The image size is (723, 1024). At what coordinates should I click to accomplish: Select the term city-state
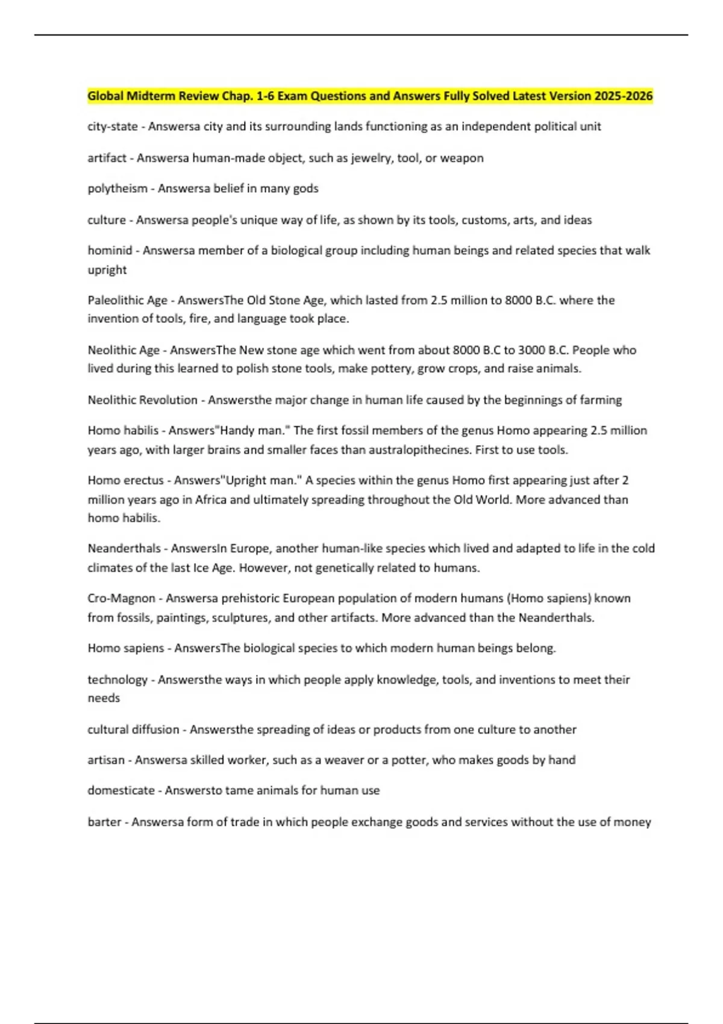(x=113, y=126)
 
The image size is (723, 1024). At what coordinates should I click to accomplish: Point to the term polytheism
(x=117, y=189)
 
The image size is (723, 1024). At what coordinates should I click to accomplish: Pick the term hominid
(x=110, y=251)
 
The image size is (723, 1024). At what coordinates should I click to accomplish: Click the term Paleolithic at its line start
(x=115, y=300)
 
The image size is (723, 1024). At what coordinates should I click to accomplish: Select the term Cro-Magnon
(x=121, y=598)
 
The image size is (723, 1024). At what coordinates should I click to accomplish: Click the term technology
(x=117, y=679)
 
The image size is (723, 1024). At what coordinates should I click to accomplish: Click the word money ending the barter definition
(x=633, y=822)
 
